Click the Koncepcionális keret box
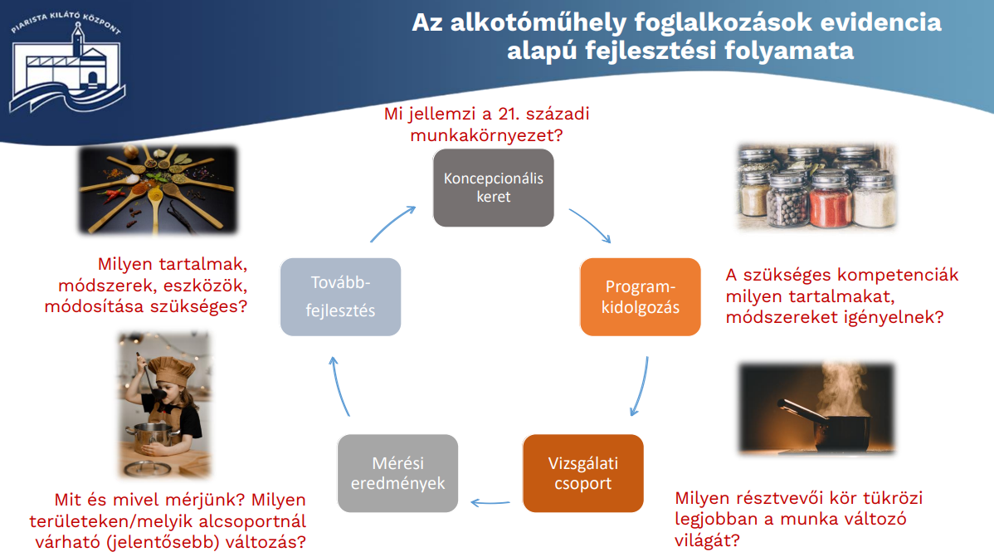tap(493, 188)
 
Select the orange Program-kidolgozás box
tap(641, 297)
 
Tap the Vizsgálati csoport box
tap(583, 473)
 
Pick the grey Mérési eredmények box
tap(397, 473)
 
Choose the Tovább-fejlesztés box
tap(340, 297)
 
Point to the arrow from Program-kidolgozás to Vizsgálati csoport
tap(641, 387)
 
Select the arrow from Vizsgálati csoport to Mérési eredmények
tap(490, 503)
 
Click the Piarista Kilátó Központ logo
tap(66, 62)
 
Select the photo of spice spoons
tap(157, 190)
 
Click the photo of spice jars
tap(816, 187)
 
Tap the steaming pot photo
tap(816, 408)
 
